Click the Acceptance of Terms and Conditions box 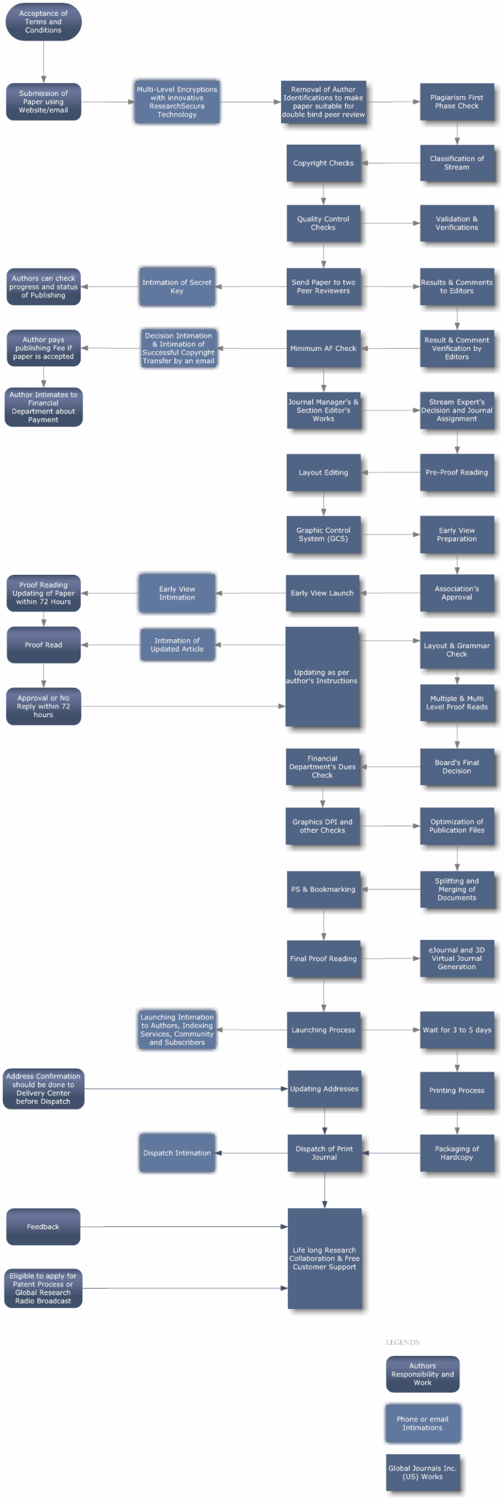(43, 22)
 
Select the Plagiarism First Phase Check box (457, 102)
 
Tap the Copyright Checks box (323, 163)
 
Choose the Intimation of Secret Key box (177, 287)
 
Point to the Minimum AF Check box (323, 349)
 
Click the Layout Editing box (323, 473)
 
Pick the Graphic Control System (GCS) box (323, 535)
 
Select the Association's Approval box (457, 594)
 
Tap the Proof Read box (43, 645)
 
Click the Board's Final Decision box (457, 767)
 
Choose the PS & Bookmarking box (323, 889)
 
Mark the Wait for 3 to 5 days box (457, 1030)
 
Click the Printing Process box (457, 1090)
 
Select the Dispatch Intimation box (177, 1153)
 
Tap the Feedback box (43, 1227)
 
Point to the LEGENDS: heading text (403, 1342)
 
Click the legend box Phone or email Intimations (422, 1423)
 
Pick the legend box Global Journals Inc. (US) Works (422, 1472)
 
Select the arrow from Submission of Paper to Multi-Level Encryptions (108, 102)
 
